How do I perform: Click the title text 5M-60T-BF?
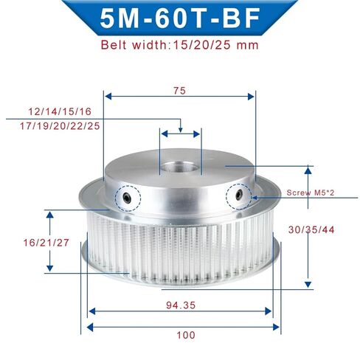[180, 18]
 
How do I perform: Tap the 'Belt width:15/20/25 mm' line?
[180, 45]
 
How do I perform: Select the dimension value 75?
[179, 91]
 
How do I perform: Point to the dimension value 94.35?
[181, 305]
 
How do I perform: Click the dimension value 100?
[186, 335]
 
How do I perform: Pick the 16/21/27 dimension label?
[46, 243]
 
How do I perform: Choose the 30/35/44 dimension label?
[311, 230]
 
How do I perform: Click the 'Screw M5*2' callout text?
[311, 193]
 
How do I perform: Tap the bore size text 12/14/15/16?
[60, 111]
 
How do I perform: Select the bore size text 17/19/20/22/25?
[60, 126]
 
